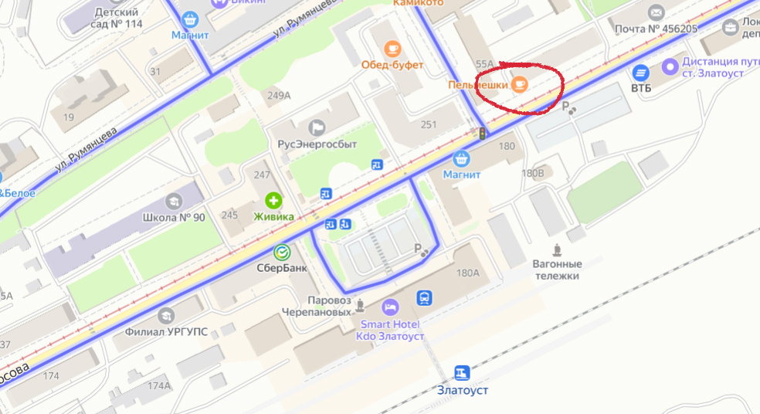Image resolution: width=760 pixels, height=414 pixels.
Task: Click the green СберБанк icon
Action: [x=283, y=252]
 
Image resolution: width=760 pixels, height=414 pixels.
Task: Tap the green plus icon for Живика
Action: [x=273, y=200]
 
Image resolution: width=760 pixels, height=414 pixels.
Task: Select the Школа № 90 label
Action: [x=174, y=217]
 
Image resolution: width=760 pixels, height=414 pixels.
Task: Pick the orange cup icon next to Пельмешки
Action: [x=520, y=84]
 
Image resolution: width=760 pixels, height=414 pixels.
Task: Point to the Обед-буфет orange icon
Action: [x=392, y=48]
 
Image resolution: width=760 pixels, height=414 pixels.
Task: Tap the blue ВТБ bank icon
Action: [x=640, y=73]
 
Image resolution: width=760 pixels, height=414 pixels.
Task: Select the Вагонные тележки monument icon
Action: [x=557, y=249]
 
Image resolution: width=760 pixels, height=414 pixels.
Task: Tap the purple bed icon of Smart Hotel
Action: [x=390, y=306]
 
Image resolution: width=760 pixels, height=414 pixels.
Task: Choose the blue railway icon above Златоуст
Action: [x=462, y=373]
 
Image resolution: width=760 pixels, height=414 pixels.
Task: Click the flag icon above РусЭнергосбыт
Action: [x=317, y=127]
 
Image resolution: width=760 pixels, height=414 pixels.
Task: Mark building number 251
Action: [x=429, y=124]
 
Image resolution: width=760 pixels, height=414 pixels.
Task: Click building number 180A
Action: [x=468, y=272]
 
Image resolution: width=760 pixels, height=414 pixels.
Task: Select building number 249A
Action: [x=278, y=96]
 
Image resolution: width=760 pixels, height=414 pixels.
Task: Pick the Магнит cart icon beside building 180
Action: [x=462, y=159]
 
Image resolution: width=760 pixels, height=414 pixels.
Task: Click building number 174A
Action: [x=159, y=385]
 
